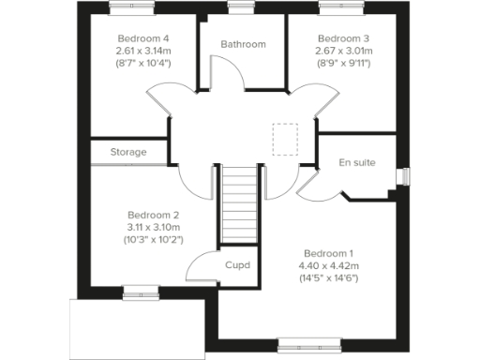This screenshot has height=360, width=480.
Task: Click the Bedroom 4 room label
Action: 139,38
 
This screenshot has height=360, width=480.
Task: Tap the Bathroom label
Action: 243,44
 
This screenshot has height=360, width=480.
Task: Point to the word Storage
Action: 128,152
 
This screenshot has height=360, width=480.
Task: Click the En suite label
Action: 357,162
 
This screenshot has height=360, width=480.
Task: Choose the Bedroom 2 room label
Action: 153,214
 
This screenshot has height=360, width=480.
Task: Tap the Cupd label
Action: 237,265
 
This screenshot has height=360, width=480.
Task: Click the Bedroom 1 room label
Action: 328,253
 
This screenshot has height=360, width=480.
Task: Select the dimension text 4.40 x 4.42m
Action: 328,265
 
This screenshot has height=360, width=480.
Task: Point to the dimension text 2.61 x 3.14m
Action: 140,52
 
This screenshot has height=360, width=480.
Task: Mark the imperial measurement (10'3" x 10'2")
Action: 153,240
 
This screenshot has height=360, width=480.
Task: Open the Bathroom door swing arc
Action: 217,73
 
